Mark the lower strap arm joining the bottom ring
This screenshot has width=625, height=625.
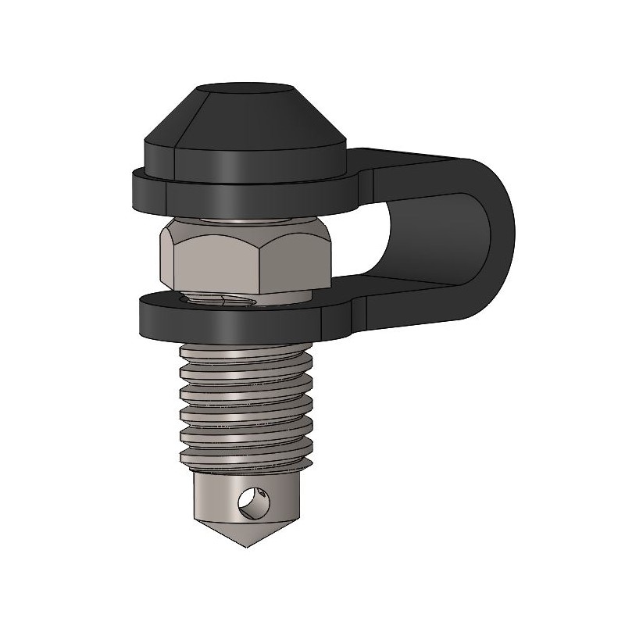(406, 301)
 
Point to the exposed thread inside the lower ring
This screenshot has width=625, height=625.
(219, 300)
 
